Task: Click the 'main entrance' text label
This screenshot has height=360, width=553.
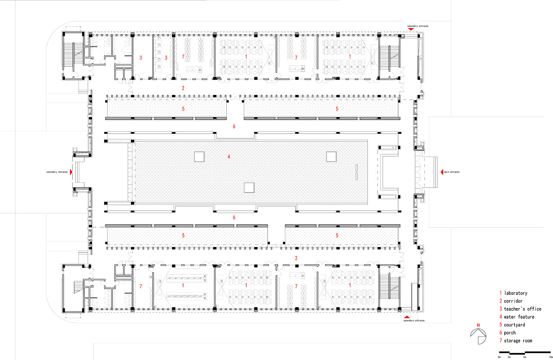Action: (452, 172)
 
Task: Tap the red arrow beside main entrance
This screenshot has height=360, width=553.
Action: (442, 172)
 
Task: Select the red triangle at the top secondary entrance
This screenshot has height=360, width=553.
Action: (411, 29)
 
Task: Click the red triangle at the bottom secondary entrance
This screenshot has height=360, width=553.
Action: (407, 317)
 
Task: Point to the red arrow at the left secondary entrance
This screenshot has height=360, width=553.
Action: (71, 172)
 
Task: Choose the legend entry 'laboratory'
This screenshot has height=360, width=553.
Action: (516, 293)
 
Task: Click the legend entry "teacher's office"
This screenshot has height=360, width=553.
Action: (522, 309)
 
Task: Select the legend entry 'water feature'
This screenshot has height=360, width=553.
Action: (519, 317)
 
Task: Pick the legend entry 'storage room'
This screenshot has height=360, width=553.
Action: (518, 341)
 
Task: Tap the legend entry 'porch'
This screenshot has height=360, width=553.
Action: (510, 333)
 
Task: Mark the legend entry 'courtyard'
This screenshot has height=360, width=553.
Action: (514, 325)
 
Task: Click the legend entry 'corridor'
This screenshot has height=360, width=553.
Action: (513, 301)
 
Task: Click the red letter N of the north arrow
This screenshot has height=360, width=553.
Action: (478, 325)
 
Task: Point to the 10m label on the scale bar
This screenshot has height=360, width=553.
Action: (551, 357)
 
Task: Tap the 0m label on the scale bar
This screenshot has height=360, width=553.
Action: (499, 357)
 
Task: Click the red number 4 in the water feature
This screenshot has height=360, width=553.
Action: (229, 157)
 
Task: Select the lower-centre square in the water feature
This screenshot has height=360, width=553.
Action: (249, 187)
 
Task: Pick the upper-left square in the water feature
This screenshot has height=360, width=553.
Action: (199, 157)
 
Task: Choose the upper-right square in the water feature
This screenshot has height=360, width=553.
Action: (331, 157)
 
